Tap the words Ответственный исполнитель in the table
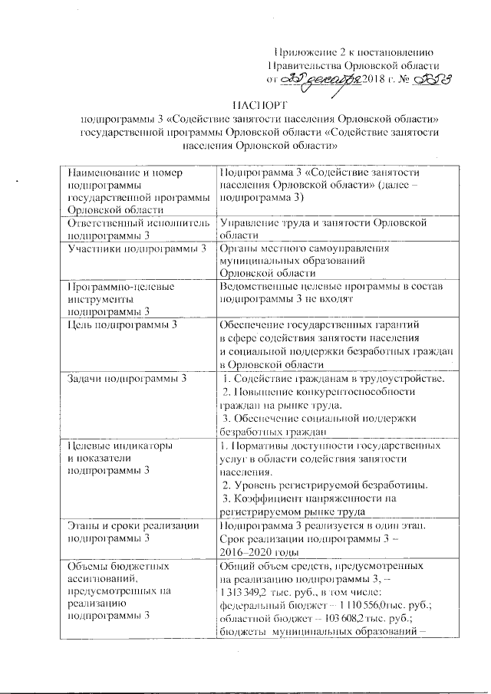(x=138, y=222)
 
